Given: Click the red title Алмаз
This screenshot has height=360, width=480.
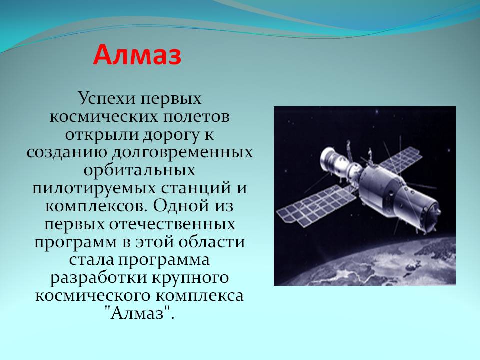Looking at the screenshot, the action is click(137, 55).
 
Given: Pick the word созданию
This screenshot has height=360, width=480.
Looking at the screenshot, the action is click(67, 152).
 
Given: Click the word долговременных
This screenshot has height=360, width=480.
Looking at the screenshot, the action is click(182, 152).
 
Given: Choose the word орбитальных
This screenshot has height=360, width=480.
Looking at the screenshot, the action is click(139, 170).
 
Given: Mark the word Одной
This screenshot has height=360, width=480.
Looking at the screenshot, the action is click(181, 205).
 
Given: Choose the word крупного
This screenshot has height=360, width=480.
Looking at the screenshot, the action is click(190, 277).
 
